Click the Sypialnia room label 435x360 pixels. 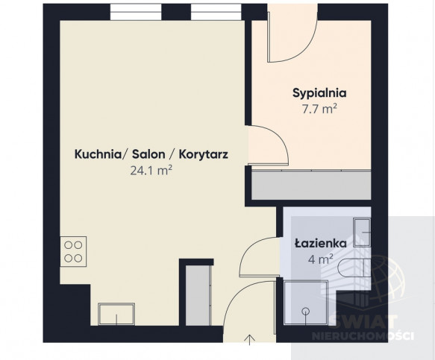pos(319,93)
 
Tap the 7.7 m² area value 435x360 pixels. pos(319,109)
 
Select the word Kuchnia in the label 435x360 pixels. pos(98,154)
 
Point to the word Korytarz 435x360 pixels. pos(204,154)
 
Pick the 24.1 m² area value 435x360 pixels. pos(151,170)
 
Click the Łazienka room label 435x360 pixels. pos(320,243)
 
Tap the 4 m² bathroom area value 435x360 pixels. pos(320,259)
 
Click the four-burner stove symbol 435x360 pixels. pos(73,252)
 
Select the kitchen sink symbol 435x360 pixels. pos(116,314)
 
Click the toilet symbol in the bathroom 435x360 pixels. pos(354,268)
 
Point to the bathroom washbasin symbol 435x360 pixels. pos(362,233)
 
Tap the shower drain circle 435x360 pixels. pos(306,312)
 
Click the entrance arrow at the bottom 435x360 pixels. pos(250,340)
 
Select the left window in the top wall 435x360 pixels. pos(136,12)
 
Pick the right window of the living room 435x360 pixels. pos(216,12)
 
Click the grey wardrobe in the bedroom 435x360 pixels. pos(311,185)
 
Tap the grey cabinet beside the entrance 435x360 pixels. pos(198,295)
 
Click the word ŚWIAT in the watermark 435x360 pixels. pos(363,322)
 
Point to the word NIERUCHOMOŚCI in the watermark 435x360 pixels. pos(363,336)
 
